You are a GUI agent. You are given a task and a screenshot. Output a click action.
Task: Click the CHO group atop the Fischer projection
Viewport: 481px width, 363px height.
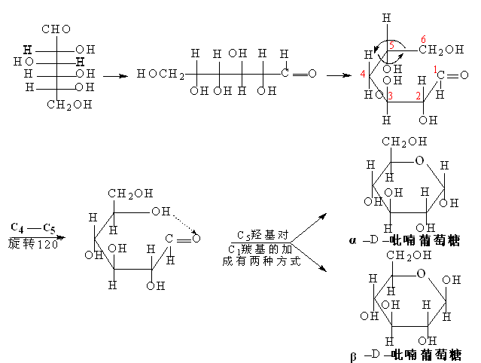pos(56,29)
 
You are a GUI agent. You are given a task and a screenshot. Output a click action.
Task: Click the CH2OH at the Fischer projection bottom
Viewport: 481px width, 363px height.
pos(69,105)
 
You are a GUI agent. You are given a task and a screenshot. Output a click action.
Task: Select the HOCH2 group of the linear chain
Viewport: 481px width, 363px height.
pos(160,74)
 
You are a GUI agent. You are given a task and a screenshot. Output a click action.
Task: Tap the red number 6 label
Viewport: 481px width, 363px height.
pos(423,39)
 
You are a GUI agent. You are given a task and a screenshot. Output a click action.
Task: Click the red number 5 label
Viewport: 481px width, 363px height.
pos(391,45)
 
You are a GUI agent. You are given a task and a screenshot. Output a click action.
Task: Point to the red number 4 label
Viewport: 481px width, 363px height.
pos(363,74)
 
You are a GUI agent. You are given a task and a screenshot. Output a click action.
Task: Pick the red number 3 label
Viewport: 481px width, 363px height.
pos(391,96)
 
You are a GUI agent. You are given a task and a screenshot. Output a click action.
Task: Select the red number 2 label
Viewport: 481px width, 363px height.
pos(418,96)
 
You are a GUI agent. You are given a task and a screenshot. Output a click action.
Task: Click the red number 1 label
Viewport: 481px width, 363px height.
pos(435,69)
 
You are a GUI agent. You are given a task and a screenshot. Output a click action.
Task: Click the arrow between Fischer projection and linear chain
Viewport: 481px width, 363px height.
pos(115,76)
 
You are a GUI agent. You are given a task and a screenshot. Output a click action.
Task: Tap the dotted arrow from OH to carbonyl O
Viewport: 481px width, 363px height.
pos(185,224)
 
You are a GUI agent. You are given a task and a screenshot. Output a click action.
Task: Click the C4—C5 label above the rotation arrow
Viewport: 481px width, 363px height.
pos(33,228)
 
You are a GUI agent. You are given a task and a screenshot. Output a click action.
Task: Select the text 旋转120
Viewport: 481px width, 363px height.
pos(33,244)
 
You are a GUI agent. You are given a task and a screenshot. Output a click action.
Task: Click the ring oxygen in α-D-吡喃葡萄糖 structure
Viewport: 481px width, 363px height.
pos(419,160)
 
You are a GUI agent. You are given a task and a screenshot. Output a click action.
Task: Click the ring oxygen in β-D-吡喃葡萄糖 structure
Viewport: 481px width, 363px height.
pos(421,273)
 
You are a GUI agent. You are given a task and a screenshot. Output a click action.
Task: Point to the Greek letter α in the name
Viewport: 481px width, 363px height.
pos(353,240)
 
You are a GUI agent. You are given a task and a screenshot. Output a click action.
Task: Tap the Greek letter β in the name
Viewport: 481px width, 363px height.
pos(353,356)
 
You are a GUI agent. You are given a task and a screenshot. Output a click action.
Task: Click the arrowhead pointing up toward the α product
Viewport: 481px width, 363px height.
pos(322,217)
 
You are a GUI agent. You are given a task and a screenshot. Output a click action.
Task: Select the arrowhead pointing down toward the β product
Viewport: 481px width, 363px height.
pos(323,269)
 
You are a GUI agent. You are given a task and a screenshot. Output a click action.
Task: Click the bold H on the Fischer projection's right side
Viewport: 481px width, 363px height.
pos(80,62)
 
